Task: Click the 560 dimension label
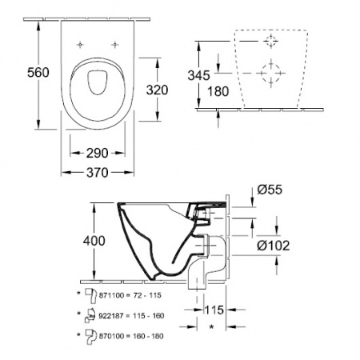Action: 38,73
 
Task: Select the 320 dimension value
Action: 157,90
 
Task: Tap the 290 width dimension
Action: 98,153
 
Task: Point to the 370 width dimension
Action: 98,173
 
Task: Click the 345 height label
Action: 199,75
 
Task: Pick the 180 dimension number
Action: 218,91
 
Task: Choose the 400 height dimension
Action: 94,241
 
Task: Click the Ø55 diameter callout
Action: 270,190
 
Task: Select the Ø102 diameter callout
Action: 274,246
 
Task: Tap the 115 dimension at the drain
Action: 214,310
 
